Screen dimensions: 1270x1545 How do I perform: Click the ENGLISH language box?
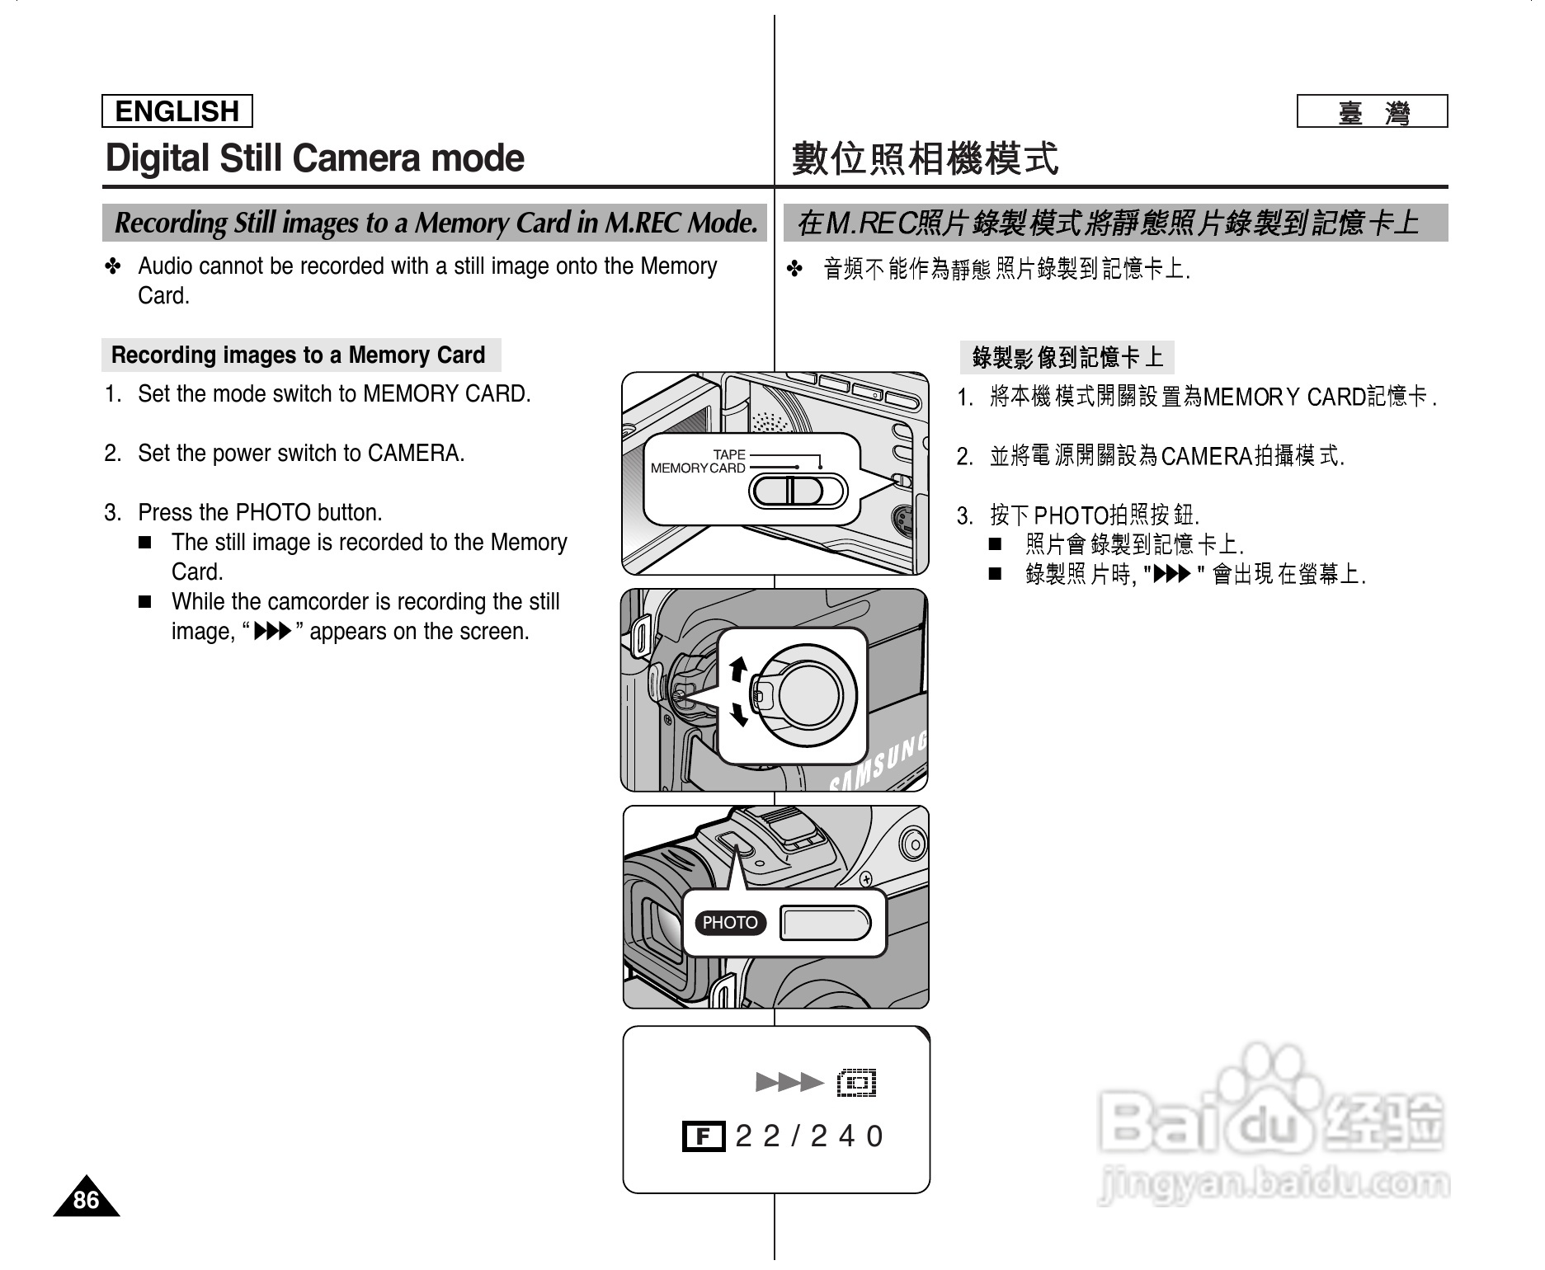coord(177,111)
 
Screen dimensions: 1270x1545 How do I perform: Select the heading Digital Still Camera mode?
coord(315,159)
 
